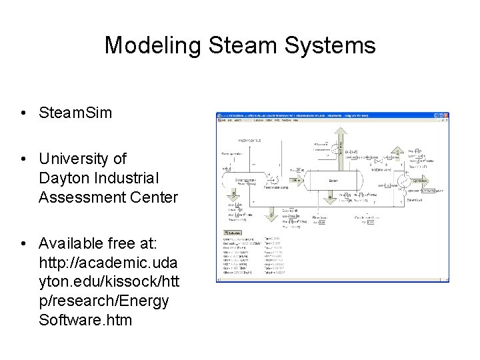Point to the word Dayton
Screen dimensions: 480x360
64,179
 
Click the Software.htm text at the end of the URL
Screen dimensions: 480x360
85,320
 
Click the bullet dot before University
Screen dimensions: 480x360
23,159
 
